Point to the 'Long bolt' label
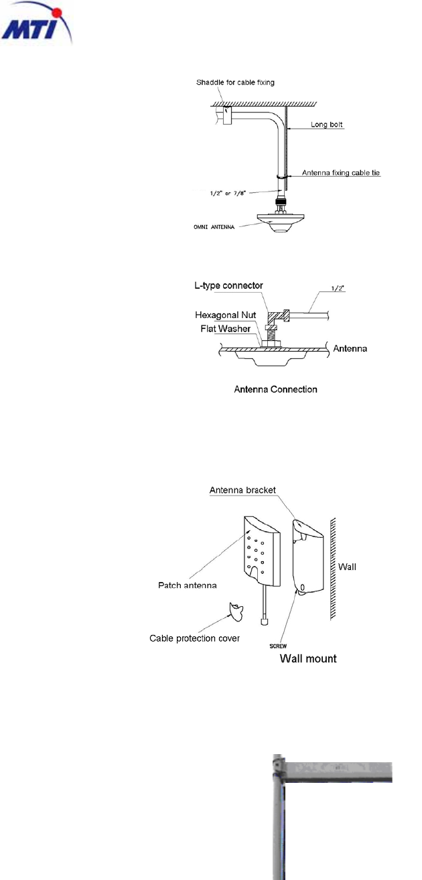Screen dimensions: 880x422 pyautogui.click(x=328, y=125)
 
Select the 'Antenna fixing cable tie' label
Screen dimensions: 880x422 pyautogui.click(x=340, y=173)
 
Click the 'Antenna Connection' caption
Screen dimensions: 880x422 pyautogui.click(x=275, y=389)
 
